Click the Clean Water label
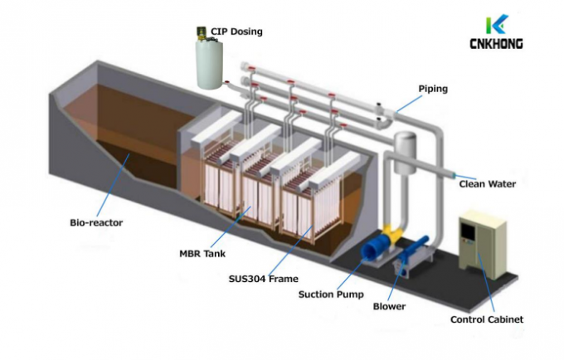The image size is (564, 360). [487, 184]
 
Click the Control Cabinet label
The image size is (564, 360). [486, 319]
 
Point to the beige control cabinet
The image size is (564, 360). [479, 245]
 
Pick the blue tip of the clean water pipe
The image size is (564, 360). [452, 174]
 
